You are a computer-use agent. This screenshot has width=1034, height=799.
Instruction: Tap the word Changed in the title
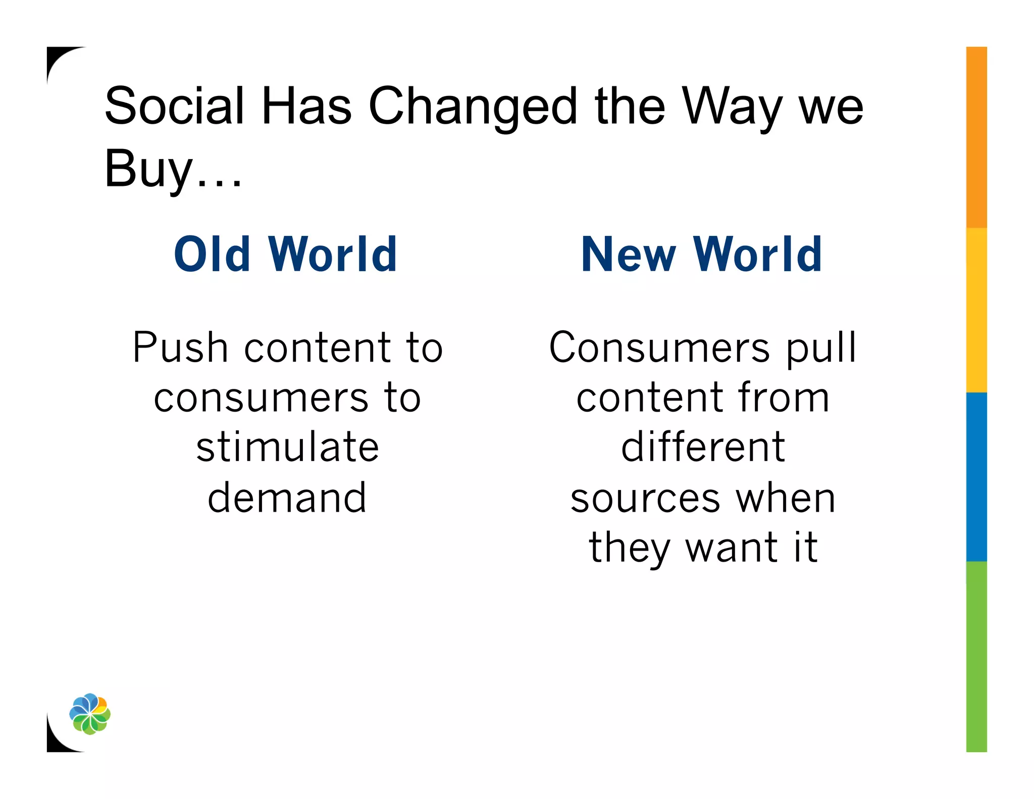pos(473,107)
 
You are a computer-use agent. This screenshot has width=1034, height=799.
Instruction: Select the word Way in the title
pos(732,107)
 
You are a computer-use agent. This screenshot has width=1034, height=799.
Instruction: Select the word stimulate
pos(287,447)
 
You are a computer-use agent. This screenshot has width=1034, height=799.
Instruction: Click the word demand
pos(287,497)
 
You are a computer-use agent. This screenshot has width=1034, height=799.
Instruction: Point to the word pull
pos(821,348)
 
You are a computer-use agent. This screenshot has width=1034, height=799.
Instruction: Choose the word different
pos(703,447)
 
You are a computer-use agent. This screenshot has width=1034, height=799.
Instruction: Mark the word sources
pos(645,499)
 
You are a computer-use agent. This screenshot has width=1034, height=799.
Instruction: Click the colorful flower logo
pos(90,714)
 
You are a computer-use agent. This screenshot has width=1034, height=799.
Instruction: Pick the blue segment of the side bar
pos(976,476)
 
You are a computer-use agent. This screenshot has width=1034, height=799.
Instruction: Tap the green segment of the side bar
pos(976,657)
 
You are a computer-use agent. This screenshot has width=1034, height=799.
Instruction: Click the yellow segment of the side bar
pos(976,310)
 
